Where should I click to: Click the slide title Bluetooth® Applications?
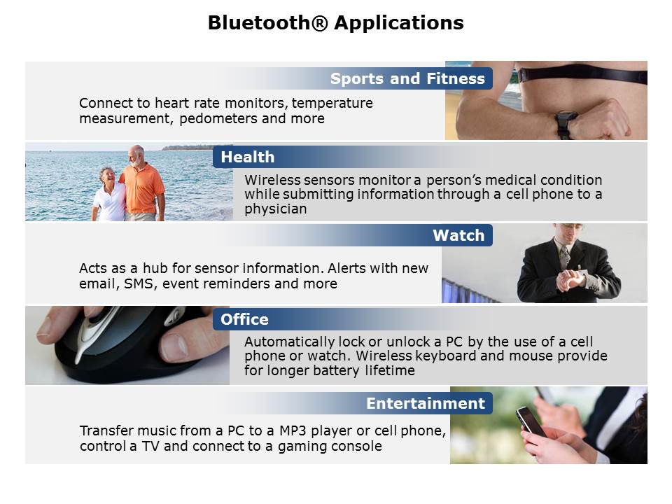coord(335,22)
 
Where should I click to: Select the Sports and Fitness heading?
coord(407,78)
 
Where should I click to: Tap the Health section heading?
coord(248,157)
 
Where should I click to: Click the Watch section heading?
coord(458,235)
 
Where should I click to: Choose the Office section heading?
coord(245,319)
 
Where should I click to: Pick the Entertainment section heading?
coord(426,403)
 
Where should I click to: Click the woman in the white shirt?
coord(108,194)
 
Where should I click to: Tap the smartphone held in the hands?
coord(531,421)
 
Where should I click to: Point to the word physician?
coord(276,209)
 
